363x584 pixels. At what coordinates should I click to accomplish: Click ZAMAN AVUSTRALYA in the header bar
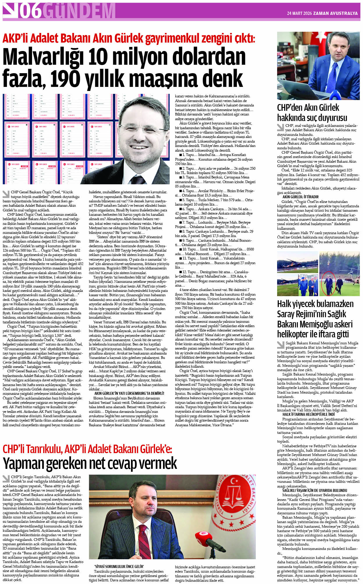[x=335, y=13]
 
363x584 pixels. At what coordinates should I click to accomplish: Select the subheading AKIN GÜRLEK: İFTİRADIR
[x=300, y=197]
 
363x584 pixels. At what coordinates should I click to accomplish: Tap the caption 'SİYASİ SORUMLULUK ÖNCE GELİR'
[x=119, y=566]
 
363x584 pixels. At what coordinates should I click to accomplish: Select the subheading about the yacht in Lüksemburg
[x=129, y=393]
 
